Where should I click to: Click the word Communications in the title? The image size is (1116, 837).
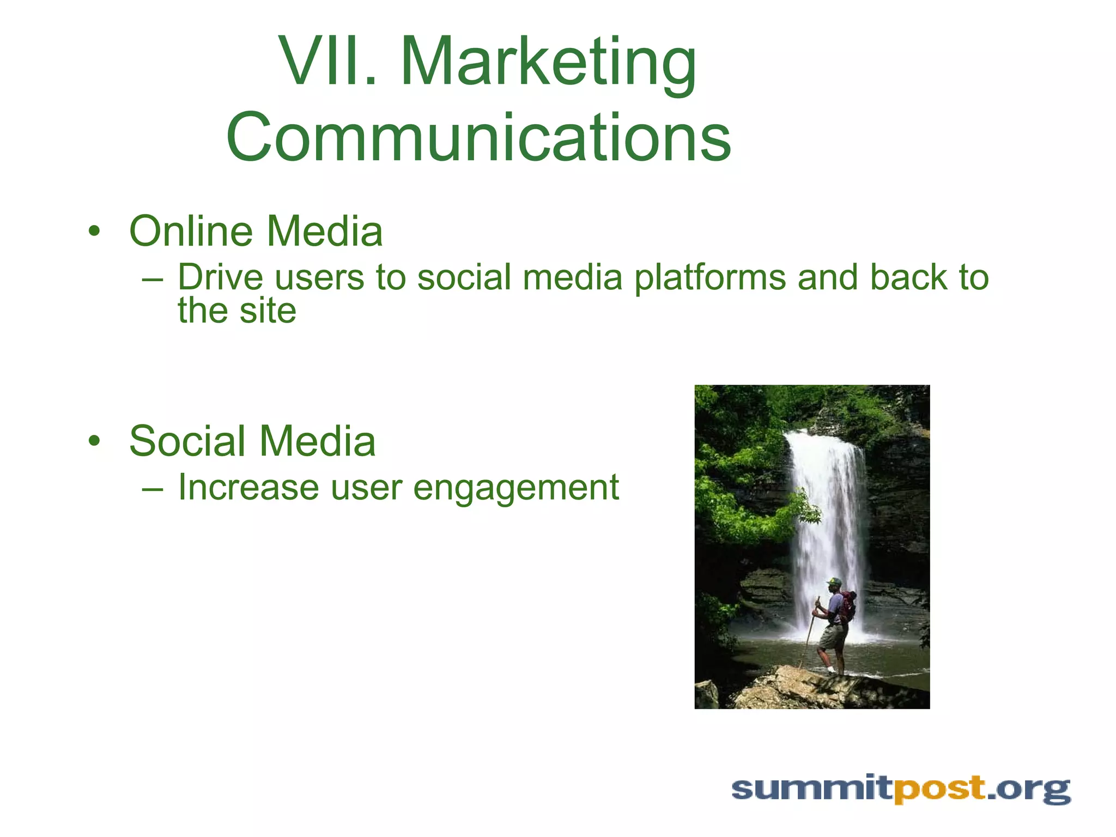click(478, 137)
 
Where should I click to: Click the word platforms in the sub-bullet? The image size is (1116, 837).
click(710, 278)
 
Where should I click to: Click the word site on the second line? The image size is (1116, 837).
click(268, 311)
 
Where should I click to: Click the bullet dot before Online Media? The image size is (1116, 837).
click(95, 232)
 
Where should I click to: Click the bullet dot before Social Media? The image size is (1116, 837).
click(95, 441)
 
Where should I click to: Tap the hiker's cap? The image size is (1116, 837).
click(833, 581)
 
